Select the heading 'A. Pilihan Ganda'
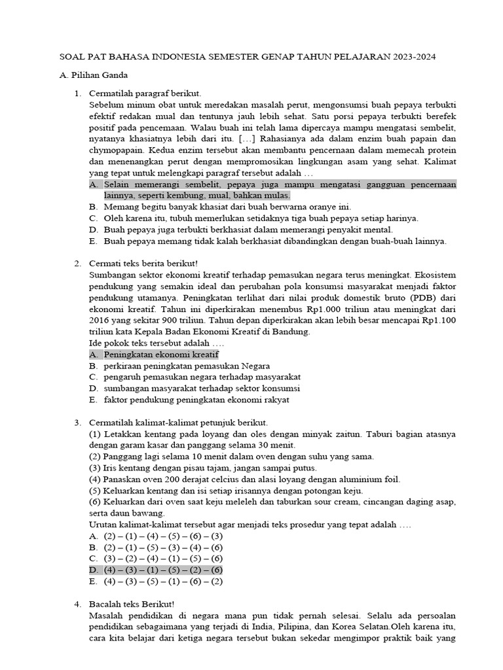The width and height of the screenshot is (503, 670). [93, 75]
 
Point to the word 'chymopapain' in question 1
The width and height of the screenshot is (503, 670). [115, 150]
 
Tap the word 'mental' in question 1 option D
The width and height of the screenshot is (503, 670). [378, 230]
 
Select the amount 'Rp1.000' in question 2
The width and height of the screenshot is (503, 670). [296, 309]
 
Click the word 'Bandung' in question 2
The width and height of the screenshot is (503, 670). [291, 332]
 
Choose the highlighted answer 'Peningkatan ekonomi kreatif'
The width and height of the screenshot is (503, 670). [160, 355]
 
